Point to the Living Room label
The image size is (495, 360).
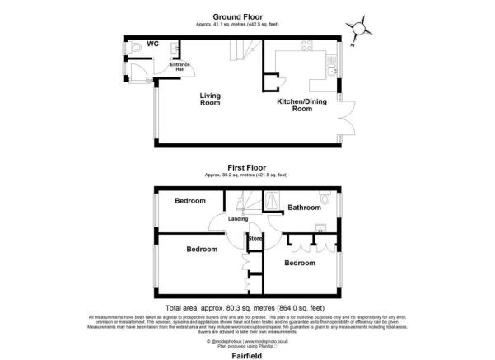coord(210,99)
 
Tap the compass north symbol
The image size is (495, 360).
coord(358,30)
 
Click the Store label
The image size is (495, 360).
coord(255,239)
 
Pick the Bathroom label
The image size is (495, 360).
coord(304,208)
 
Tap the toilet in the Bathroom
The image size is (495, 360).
coord(327,199)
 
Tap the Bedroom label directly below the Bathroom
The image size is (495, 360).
coord(300,263)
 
